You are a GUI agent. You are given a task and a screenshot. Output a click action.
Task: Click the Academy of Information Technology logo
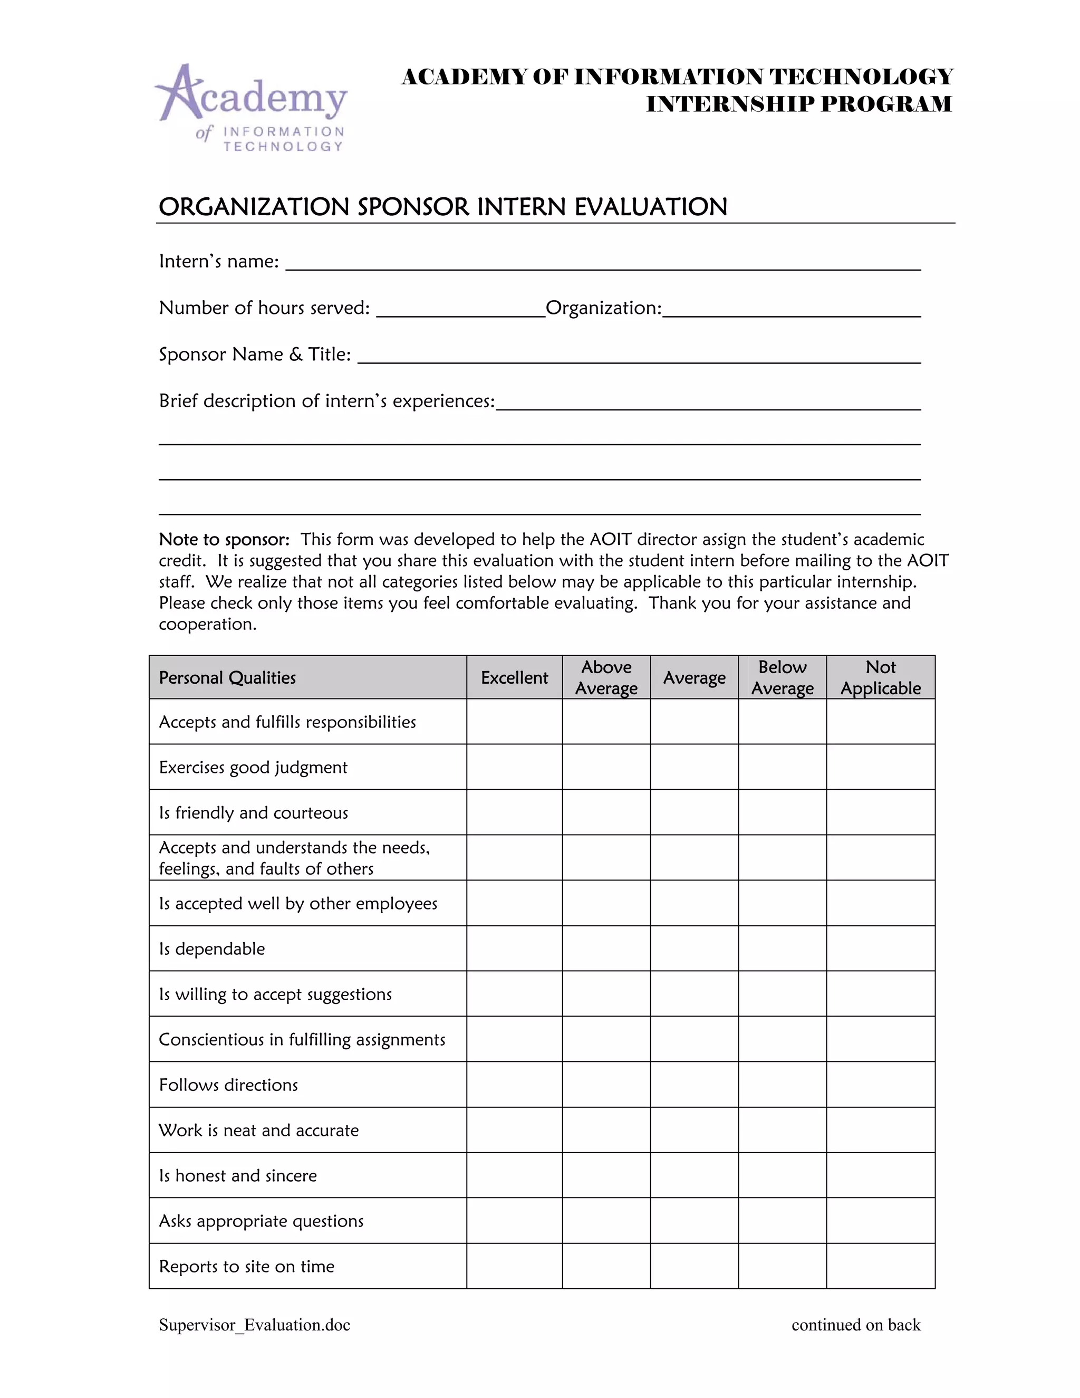point(252,108)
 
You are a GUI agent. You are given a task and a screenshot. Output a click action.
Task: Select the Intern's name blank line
point(602,262)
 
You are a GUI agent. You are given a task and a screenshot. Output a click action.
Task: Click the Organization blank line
point(791,309)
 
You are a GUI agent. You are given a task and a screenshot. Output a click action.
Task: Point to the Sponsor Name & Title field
point(639,356)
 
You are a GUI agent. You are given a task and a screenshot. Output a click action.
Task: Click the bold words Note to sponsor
point(224,539)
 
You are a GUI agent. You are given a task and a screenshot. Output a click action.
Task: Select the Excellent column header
point(514,677)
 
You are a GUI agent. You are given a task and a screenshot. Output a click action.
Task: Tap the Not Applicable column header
point(880,677)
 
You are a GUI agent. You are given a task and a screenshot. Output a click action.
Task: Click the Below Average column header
point(782,677)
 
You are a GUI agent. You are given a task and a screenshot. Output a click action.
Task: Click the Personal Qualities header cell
point(228,677)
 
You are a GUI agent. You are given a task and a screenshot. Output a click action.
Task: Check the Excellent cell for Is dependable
point(514,949)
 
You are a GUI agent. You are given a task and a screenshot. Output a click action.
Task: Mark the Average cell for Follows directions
point(694,1085)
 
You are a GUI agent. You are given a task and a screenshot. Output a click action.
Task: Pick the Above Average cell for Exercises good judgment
point(606,767)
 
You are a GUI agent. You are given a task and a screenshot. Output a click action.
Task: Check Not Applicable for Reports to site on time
point(880,1266)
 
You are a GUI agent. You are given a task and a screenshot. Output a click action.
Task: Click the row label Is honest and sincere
point(238,1175)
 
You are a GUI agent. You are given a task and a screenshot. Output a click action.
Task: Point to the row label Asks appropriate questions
point(261,1221)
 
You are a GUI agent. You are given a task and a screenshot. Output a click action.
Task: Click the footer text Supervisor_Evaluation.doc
point(255,1324)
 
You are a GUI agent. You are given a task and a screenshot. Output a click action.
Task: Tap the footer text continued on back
point(855,1324)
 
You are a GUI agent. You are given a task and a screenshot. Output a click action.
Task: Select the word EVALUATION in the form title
point(651,207)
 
